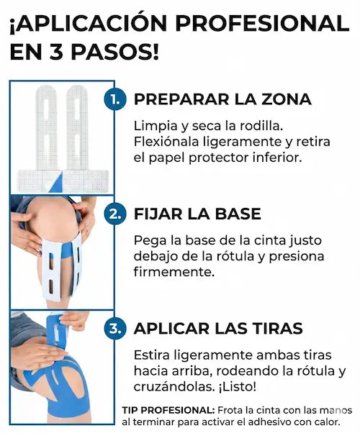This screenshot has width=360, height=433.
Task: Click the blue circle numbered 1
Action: point(114,99)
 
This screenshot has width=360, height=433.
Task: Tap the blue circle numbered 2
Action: point(114,214)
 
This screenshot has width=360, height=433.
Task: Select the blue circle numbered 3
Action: point(114,329)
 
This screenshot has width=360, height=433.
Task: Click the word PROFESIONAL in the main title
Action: point(262,23)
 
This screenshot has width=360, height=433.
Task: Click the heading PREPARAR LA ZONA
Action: point(222,99)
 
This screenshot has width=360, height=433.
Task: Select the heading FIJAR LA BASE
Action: point(197,214)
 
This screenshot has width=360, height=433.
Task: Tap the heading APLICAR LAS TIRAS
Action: point(218,329)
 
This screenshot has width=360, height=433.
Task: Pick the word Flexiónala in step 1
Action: point(166,142)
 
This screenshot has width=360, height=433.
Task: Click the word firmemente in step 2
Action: point(174,273)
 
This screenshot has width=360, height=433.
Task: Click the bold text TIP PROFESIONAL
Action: point(168,410)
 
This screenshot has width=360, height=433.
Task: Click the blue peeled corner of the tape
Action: point(55,183)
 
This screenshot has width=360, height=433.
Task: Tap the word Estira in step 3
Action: point(151,355)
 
